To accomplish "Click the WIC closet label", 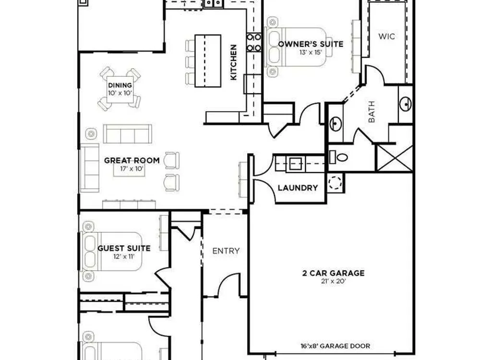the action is pos(386,36).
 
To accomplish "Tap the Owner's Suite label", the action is pos(311,44).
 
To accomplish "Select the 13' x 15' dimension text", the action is pos(311,52).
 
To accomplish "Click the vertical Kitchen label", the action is pos(233,62).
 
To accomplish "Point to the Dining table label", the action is pos(120,85).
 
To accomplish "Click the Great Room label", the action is pos(132,160).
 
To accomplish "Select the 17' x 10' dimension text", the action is pos(132,168).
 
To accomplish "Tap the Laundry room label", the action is pos(298,188).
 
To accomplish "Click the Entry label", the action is pos(226,251).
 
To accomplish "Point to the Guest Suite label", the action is pos(124,248).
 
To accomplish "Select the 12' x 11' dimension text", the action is pos(124,256).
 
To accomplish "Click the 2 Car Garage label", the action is pos(334,273).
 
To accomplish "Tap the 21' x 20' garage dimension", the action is pos(334,281).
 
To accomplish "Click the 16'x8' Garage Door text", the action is pos(335,346).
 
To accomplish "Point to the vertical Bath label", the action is pos(372,112).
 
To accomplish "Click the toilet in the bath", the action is pos(338,157).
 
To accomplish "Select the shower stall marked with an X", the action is pos(395,158).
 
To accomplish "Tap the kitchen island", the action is pos(208,61).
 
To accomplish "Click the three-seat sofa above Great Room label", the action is pos(127,134).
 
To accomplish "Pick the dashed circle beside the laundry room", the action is pos(335,183).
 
